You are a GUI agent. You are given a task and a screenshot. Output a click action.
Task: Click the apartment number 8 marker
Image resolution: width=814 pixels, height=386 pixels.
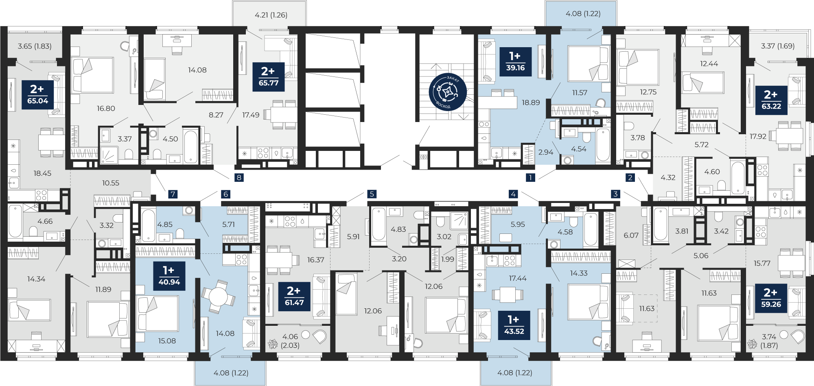(x=239, y=177)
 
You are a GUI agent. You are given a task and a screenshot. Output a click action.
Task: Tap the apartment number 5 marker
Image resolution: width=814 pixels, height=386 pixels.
(x=372, y=194)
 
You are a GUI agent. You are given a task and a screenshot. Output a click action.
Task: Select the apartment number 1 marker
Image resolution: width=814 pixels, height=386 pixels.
(x=530, y=177)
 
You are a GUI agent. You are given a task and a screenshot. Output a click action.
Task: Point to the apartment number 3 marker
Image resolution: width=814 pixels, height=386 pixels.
(x=615, y=194)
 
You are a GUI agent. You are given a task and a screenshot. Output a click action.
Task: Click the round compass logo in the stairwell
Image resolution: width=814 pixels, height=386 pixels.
(x=447, y=92)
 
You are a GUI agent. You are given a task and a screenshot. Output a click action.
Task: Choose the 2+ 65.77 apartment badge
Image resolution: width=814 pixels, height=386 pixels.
(x=269, y=77)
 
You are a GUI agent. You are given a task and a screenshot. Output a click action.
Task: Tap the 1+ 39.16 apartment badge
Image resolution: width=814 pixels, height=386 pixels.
(x=515, y=62)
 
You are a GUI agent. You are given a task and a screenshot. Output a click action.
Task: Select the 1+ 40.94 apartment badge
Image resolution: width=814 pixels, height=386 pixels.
(x=169, y=276)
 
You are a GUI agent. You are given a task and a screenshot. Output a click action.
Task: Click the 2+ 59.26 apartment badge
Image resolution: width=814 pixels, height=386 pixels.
(x=771, y=298)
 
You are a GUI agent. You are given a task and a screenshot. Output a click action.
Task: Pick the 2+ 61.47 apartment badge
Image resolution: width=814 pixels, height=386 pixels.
(x=294, y=297)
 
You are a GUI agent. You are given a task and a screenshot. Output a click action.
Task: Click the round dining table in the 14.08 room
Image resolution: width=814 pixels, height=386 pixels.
(x=218, y=297)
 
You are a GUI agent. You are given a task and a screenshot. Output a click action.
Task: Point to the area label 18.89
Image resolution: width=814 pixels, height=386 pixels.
(x=531, y=102)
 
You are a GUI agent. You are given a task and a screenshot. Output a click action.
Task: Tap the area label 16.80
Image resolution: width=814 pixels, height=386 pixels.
(x=106, y=108)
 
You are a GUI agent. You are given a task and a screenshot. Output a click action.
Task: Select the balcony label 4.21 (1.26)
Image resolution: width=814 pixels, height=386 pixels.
(x=271, y=15)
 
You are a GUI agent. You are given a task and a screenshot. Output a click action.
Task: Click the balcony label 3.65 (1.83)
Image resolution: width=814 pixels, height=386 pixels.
(x=35, y=46)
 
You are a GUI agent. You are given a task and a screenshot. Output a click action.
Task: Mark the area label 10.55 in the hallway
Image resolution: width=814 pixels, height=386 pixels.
(x=111, y=183)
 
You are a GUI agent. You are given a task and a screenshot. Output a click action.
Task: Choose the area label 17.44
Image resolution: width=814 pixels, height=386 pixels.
(x=518, y=278)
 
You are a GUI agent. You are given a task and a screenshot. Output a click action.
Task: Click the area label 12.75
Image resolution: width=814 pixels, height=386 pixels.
(x=648, y=92)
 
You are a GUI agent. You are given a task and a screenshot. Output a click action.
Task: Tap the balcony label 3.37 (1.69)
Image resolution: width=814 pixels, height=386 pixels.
(x=778, y=46)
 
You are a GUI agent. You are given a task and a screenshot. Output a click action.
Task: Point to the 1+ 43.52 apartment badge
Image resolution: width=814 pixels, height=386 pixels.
(x=514, y=325)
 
